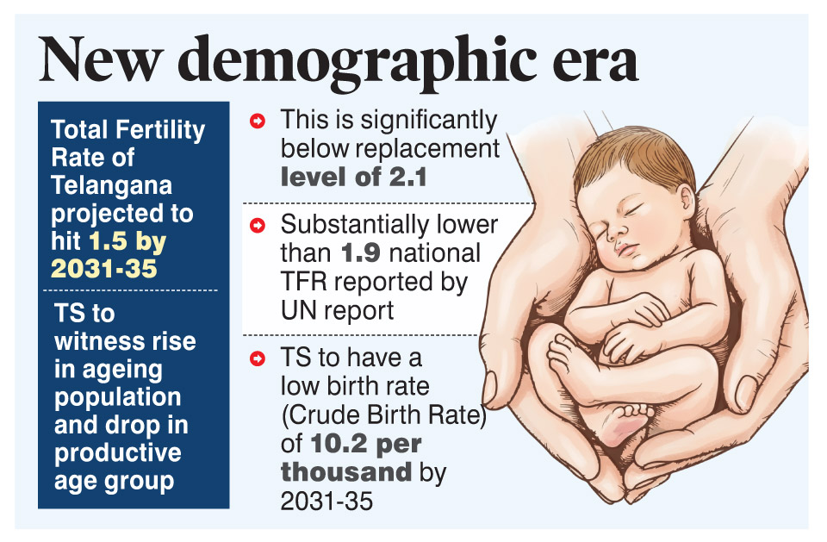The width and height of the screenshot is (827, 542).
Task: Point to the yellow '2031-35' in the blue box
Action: pos(103,268)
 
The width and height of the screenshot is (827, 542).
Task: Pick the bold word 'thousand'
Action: pos(346,472)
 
